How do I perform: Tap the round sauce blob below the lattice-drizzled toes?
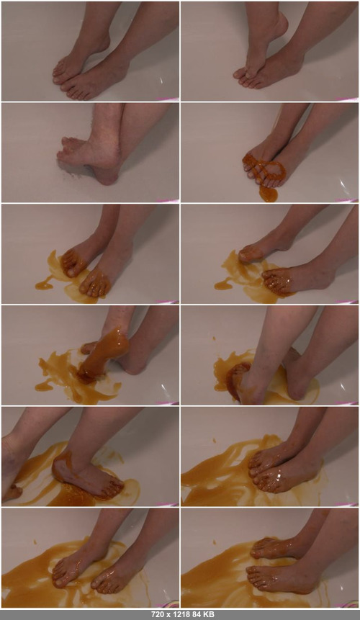[269, 194]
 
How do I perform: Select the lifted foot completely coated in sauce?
[104, 352]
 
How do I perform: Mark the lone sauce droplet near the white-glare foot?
[215, 440]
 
